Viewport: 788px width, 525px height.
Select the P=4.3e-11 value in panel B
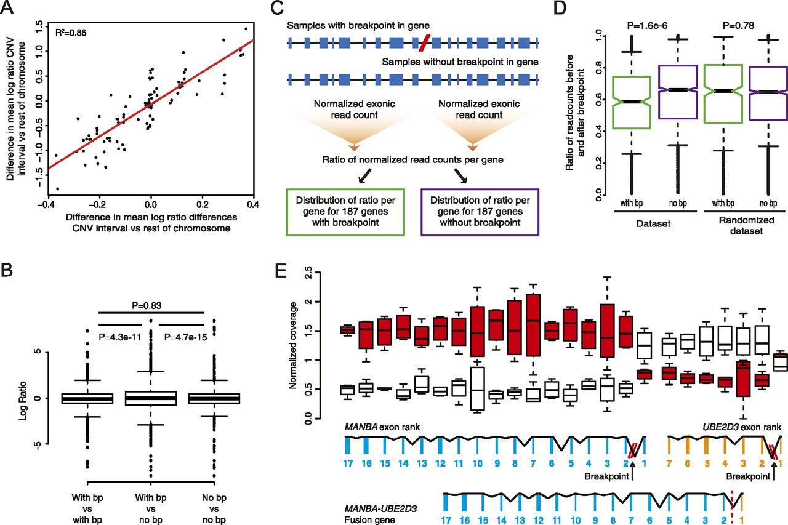click(123, 335)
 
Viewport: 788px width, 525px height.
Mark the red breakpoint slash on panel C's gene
click(424, 42)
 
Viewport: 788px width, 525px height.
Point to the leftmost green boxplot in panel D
click(625, 102)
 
